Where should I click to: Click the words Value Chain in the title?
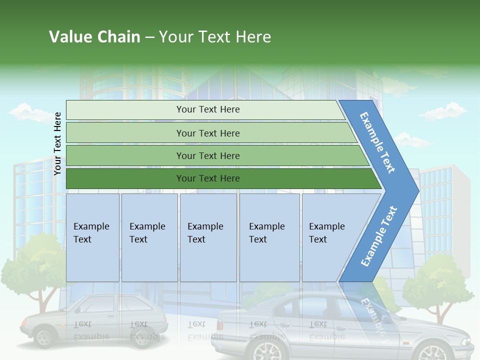coord(94,37)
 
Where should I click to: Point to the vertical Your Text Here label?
coord(58,143)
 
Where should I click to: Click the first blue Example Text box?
coord(92,237)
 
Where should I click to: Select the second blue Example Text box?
coord(149,237)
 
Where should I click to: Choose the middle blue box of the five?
coord(208,237)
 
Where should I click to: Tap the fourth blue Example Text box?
coord(269,237)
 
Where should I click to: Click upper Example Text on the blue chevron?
coord(377,142)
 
